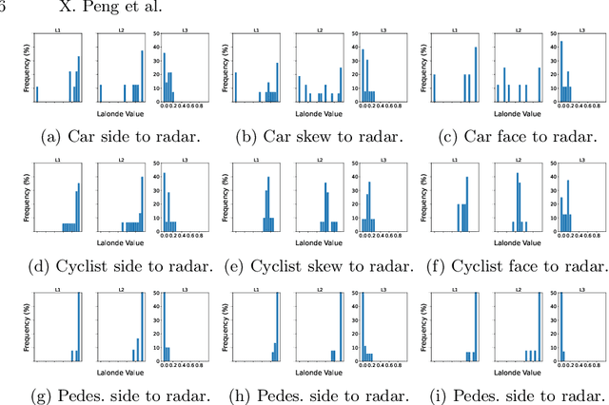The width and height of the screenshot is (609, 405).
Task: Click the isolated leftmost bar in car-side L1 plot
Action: (x=37, y=93)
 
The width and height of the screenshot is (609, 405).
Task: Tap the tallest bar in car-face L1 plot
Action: (x=476, y=67)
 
